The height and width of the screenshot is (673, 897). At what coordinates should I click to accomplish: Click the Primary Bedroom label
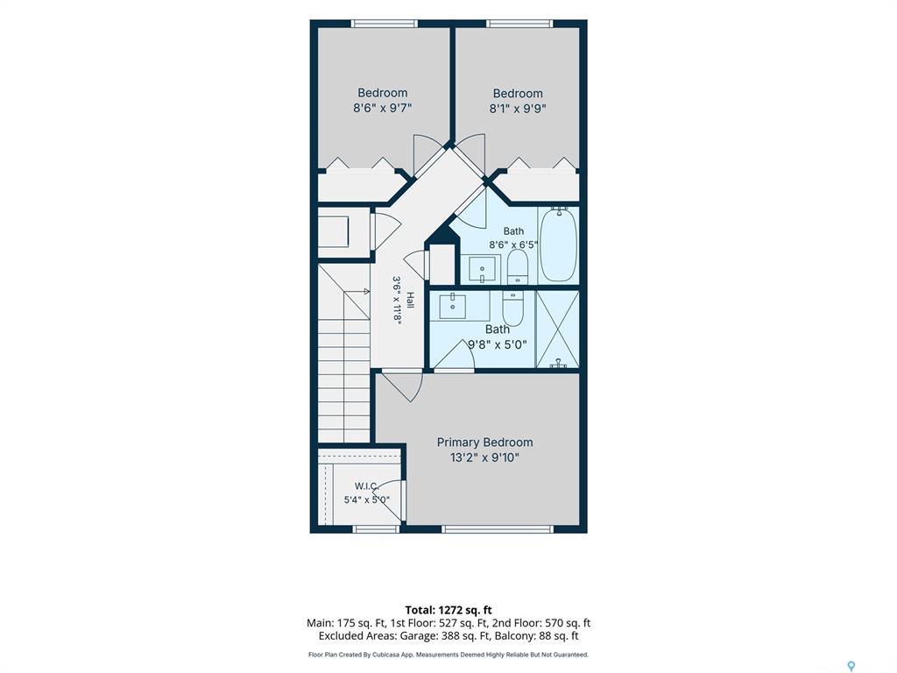[x=484, y=443]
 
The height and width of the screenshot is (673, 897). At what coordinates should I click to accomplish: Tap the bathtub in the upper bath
[x=558, y=245]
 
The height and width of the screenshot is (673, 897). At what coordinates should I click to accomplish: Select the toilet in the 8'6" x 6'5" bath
[x=518, y=266]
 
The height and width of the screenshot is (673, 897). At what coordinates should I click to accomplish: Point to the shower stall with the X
[x=557, y=329]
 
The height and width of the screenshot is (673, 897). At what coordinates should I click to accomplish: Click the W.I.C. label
[x=366, y=486]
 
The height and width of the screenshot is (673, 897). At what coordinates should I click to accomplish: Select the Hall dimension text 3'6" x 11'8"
[x=398, y=301]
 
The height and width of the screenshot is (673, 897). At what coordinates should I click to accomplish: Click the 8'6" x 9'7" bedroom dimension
[x=383, y=108]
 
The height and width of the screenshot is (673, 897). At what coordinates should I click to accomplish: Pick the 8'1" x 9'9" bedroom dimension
[x=518, y=109]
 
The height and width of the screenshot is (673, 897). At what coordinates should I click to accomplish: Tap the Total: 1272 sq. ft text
[x=448, y=610]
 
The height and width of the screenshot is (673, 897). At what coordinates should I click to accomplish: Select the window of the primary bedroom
[x=498, y=529]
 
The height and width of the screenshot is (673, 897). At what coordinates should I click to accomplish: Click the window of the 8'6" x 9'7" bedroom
[x=384, y=24]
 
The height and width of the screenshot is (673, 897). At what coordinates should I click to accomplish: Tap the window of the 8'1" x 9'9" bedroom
[x=520, y=24]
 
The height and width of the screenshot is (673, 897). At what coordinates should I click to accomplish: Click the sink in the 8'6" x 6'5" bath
[x=483, y=270]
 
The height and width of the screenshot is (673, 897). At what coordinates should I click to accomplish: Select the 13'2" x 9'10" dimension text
[x=484, y=457]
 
